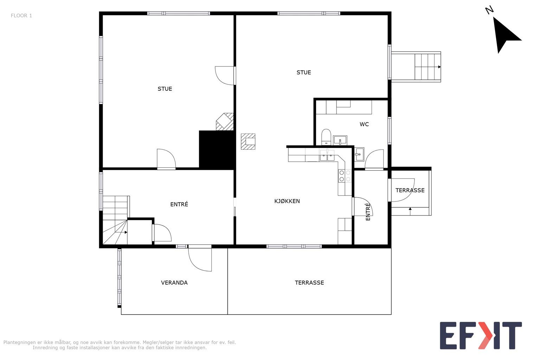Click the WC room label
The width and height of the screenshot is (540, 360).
[364, 124]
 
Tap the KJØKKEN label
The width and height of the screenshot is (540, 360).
[287, 201]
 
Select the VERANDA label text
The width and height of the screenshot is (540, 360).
[174, 283]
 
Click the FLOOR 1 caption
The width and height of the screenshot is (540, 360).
[21, 16]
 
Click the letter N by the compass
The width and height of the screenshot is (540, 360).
[489, 10]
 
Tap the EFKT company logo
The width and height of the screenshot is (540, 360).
[481, 335]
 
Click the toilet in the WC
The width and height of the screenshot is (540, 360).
[326, 137]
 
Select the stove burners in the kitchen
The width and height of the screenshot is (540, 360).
[345, 176]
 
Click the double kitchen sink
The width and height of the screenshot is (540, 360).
[327, 155]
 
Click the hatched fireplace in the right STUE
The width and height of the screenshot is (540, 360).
[248, 142]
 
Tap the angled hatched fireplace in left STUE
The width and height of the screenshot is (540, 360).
[225, 122]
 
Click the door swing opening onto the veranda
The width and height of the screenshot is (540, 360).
[200, 258]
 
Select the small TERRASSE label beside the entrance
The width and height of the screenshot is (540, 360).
[410, 190]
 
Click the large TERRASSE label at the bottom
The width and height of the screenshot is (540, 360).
[309, 283]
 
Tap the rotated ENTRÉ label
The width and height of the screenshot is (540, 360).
[368, 212]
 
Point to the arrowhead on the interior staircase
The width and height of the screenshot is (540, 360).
[126, 232]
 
